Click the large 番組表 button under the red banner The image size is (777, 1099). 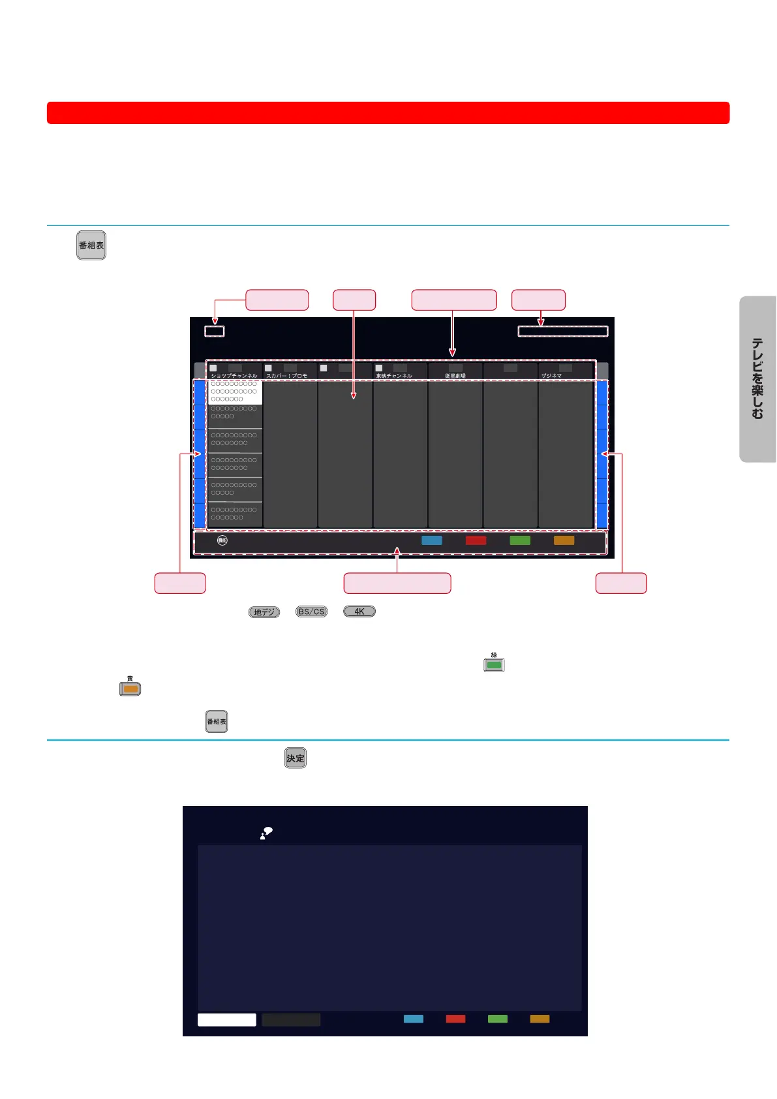(x=91, y=245)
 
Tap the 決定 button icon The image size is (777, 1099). (x=296, y=758)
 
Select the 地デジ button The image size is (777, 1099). (x=264, y=612)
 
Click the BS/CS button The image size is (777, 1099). (x=311, y=611)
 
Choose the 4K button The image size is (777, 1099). (x=359, y=611)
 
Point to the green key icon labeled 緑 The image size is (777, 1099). (x=494, y=665)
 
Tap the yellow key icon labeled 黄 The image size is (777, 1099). (x=130, y=689)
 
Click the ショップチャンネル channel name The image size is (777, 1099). (x=234, y=376)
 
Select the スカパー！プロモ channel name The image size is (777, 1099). (x=286, y=376)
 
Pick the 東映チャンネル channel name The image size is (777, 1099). (x=394, y=376)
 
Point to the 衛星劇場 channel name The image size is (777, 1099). (x=455, y=376)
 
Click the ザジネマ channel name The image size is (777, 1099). (x=551, y=376)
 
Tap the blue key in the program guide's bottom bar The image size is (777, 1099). (x=432, y=540)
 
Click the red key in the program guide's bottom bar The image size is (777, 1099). (x=476, y=540)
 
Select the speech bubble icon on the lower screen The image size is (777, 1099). (x=266, y=833)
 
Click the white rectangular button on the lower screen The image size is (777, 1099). (x=226, y=1019)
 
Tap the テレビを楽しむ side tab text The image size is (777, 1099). (x=757, y=379)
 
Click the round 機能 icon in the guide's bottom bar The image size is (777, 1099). (x=222, y=540)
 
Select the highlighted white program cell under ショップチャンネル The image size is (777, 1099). (x=235, y=392)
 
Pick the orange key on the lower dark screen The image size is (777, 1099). (x=540, y=1019)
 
